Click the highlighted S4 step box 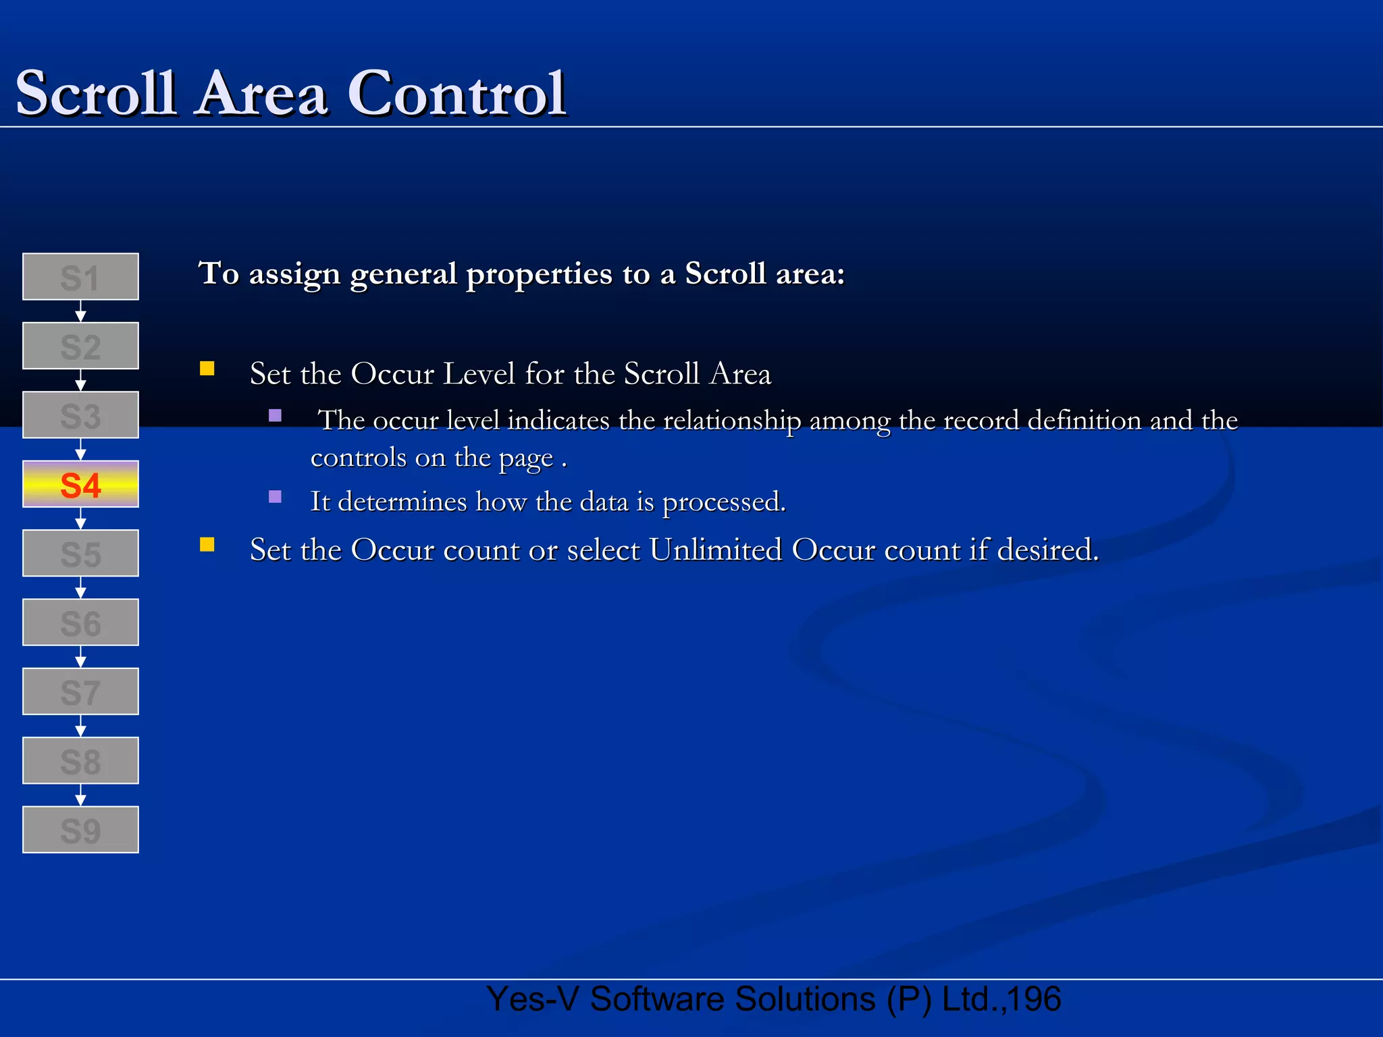pos(80,484)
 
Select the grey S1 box pos(80,277)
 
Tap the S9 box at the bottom pos(80,830)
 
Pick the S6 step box pos(80,622)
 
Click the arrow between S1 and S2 pos(80,312)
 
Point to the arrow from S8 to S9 pos(80,795)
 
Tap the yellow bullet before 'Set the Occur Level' pos(207,369)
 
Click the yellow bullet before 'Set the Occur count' pos(207,545)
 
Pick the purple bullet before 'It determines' pos(275,497)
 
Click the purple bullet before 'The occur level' pos(275,415)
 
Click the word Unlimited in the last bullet pos(715,550)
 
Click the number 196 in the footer pos(1035,999)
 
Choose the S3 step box pos(80,415)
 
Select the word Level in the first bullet pos(479,374)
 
